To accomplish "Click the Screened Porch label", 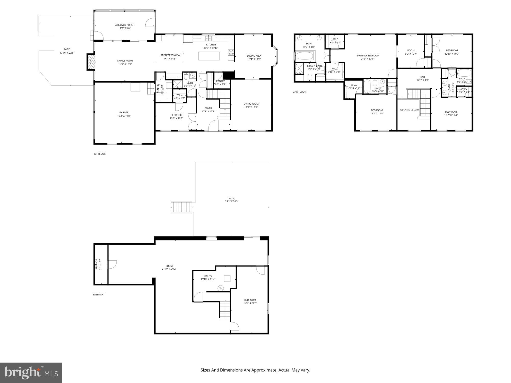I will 124,25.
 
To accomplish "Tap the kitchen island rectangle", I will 209,56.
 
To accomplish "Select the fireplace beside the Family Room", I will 91,62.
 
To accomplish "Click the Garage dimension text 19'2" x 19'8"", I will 124,116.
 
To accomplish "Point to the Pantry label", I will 220,81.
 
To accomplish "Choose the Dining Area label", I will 254,56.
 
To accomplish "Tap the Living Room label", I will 251,104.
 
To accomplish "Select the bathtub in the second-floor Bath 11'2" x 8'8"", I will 305,56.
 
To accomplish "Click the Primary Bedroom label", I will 368,56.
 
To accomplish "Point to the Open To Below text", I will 409,110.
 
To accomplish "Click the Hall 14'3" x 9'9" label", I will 423,77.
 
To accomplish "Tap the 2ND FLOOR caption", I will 299,92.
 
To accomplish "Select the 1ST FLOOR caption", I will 99,154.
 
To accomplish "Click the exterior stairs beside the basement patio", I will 181,207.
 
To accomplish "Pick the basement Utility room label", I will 208,276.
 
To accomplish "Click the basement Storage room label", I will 97,264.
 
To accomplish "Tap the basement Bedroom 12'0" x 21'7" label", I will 250,300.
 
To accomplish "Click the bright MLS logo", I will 31,373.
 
